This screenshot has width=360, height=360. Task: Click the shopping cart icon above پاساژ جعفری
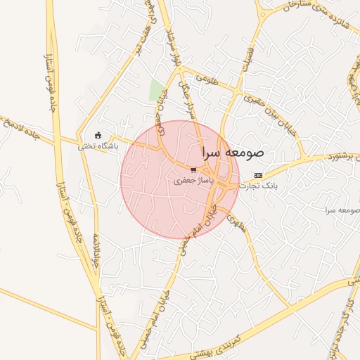[x=193, y=170]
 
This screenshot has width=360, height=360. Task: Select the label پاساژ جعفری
[x=193, y=181]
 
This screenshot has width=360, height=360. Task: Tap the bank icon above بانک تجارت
[x=258, y=175]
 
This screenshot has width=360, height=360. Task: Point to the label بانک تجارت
[x=259, y=186]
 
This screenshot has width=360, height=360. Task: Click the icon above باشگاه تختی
[x=98, y=136]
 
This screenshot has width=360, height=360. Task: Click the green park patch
[x=156, y=90]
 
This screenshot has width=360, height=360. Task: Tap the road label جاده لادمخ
[x=17, y=127]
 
